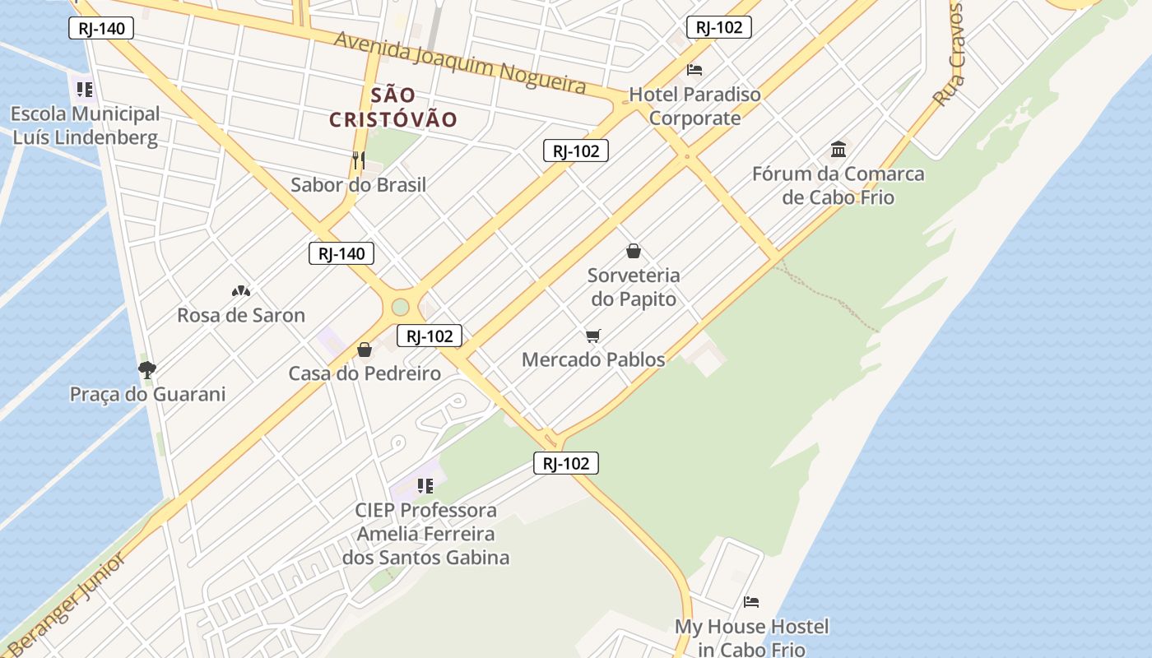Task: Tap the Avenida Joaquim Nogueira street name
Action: [460, 63]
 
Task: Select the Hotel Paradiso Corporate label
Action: [694, 106]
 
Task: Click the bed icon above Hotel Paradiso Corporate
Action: [694, 70]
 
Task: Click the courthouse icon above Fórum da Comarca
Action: [838, 150]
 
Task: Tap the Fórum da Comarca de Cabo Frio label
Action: [838, 186]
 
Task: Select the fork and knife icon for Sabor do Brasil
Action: [359, 160]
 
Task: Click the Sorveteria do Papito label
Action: [634, 287]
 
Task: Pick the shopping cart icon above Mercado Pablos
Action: [593, 336]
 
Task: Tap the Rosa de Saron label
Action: [241, 315]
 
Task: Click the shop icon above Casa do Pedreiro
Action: [365, 350]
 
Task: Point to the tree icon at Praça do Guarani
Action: [147, 370]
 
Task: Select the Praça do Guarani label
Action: [147, 395]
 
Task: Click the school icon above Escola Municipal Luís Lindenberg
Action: [84, 89]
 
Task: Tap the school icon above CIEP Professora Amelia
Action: [425, 486]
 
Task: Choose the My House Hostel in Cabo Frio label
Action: [751, 637]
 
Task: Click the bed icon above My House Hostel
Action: [751, 602]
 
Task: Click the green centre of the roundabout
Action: [400, 307]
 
